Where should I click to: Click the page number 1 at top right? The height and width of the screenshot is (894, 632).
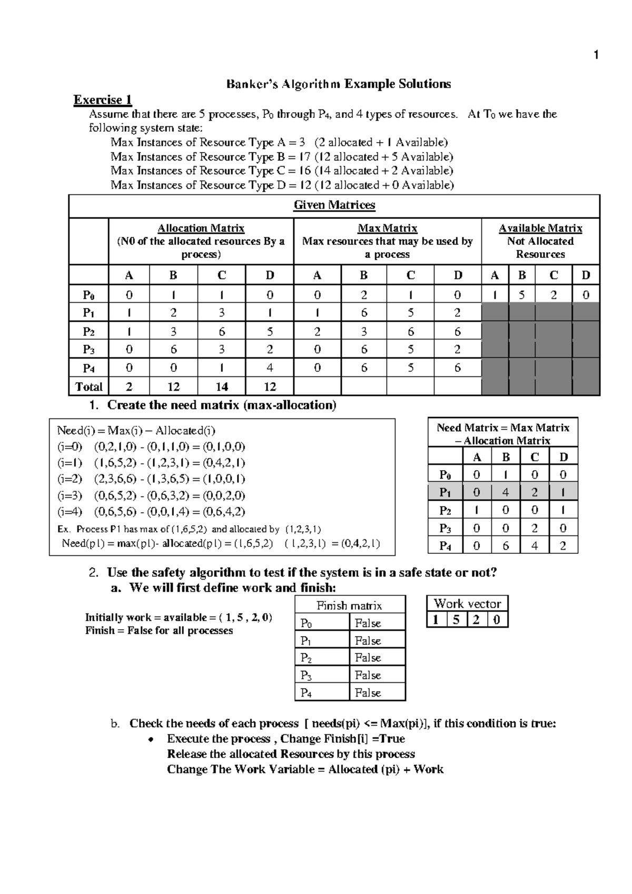(x=596, y=55)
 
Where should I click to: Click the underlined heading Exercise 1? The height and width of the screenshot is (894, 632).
(x=103, y=100)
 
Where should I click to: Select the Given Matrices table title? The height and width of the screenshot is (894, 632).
(x=334, y=205)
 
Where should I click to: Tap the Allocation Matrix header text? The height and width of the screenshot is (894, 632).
(x=201, y=229)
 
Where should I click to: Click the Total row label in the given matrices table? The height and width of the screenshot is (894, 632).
(x=88, y=387)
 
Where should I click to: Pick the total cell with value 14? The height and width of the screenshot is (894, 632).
(x=221, y=387)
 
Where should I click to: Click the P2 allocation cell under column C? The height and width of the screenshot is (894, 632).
(x=221, y=332)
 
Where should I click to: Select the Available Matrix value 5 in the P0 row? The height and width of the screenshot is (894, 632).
(x=521, y=295)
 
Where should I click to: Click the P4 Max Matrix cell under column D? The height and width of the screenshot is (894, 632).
(x=457, y=368)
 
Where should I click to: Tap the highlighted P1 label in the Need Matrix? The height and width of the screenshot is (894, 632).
(x=445, y=492)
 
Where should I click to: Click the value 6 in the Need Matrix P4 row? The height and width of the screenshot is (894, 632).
(x=506, y=546)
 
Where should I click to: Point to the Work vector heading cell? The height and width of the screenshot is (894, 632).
(x=467, y=604)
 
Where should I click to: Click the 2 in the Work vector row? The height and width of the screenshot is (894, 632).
(x=476, y=620)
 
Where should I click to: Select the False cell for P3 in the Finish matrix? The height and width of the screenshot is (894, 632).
(x=368, y=676)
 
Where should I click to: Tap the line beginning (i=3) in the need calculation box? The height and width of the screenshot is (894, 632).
(x=151, y=495)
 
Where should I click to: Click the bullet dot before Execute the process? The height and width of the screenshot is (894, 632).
(x=151, y=740)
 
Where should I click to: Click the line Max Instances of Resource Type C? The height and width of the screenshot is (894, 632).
(x=281, y=171)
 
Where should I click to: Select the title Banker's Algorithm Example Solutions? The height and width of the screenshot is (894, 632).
(x=338, y=84)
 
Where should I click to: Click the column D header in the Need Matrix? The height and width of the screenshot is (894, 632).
(x=563, y=457)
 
